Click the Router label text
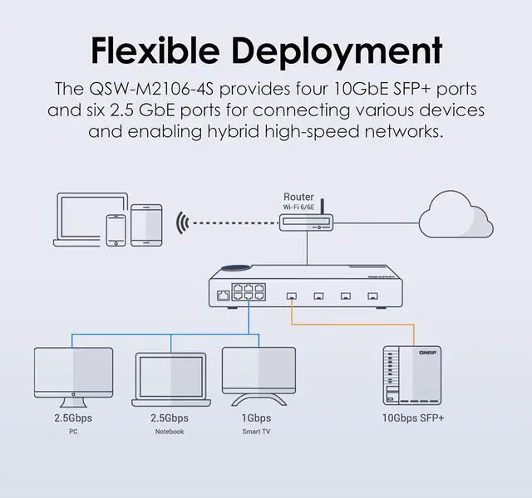(298, 198)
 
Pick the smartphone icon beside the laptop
(116, 228)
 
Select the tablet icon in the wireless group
(145, 223)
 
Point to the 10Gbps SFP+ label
(413, 418)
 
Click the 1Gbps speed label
(256, 418)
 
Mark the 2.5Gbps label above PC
(73, 418)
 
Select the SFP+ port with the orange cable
(292, 295)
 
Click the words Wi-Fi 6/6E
(298, 207)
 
